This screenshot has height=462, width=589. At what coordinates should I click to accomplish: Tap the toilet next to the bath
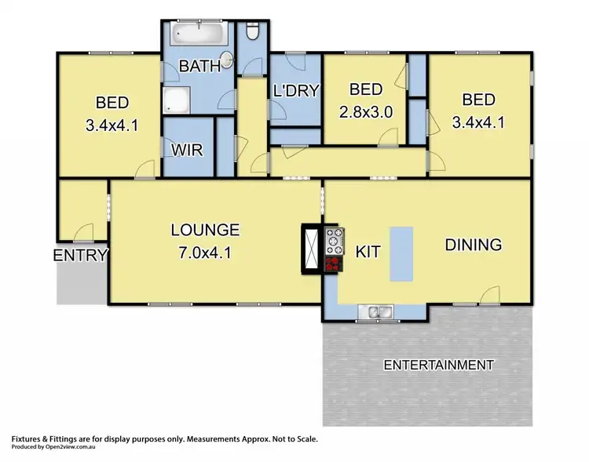coord(252,32)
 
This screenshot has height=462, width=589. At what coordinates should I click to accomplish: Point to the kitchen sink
coord(376,313)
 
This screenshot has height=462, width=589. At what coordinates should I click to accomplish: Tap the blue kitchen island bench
coord(401,253)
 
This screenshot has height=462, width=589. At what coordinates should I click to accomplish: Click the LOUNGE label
coord(205,231)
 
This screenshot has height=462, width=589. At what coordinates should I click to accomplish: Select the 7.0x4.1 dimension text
coord(205,253)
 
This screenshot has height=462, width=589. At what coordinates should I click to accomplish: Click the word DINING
coord(473,245)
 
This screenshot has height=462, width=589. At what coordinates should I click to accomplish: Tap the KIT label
coord(368,253)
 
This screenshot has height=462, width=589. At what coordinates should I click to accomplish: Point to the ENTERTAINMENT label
coord(438,365)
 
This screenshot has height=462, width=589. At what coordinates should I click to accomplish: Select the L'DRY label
coord(296,91)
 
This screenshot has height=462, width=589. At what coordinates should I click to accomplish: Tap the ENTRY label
coord(80,255)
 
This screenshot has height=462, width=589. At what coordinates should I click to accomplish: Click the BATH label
coord(199,67)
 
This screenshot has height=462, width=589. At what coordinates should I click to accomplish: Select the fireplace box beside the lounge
coord(309,249)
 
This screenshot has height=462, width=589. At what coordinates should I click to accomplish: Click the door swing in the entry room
coord(83,231)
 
